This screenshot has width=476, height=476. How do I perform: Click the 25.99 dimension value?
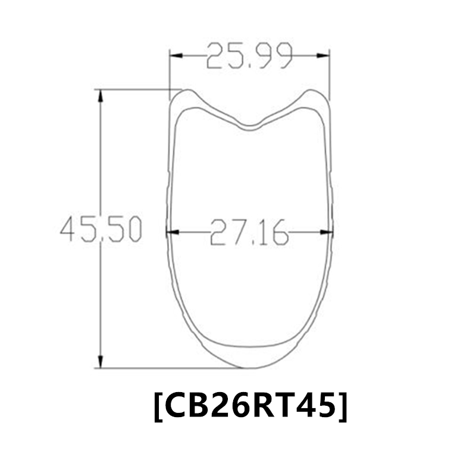pos(250,57)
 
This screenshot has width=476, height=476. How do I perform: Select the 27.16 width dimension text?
pos(249,231)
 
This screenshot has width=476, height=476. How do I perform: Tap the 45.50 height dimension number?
pos(101,229)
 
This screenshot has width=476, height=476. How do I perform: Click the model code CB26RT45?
pos(250,406)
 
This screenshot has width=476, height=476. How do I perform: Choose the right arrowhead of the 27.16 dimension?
pos(327,231)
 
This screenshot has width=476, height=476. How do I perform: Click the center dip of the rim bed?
pos(250,126)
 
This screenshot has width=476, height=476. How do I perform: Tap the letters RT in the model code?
pos(273,406)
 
